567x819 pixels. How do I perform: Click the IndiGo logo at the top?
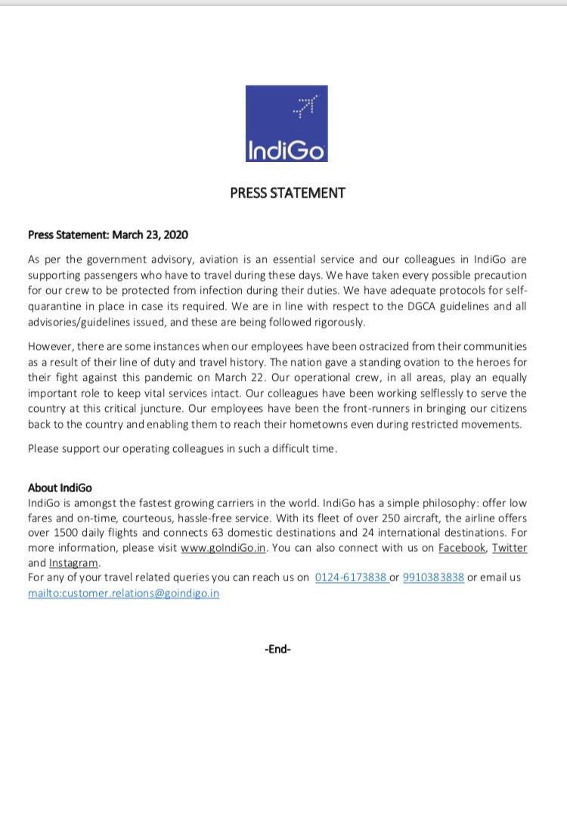pos(287,123)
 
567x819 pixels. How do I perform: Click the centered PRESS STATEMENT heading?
pos(287,193)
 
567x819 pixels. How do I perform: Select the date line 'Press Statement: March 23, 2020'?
pos(108,235)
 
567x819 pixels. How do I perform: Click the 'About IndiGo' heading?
pos(60,487)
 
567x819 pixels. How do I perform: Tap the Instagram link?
pos(73,563)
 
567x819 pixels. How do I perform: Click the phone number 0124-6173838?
pos(351,578)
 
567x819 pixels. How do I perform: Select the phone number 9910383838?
pos(433,578)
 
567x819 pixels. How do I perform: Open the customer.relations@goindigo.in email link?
pos(123,593)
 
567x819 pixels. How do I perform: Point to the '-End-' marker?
pos(278,649)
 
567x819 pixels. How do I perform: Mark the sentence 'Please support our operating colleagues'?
pos(181,448)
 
